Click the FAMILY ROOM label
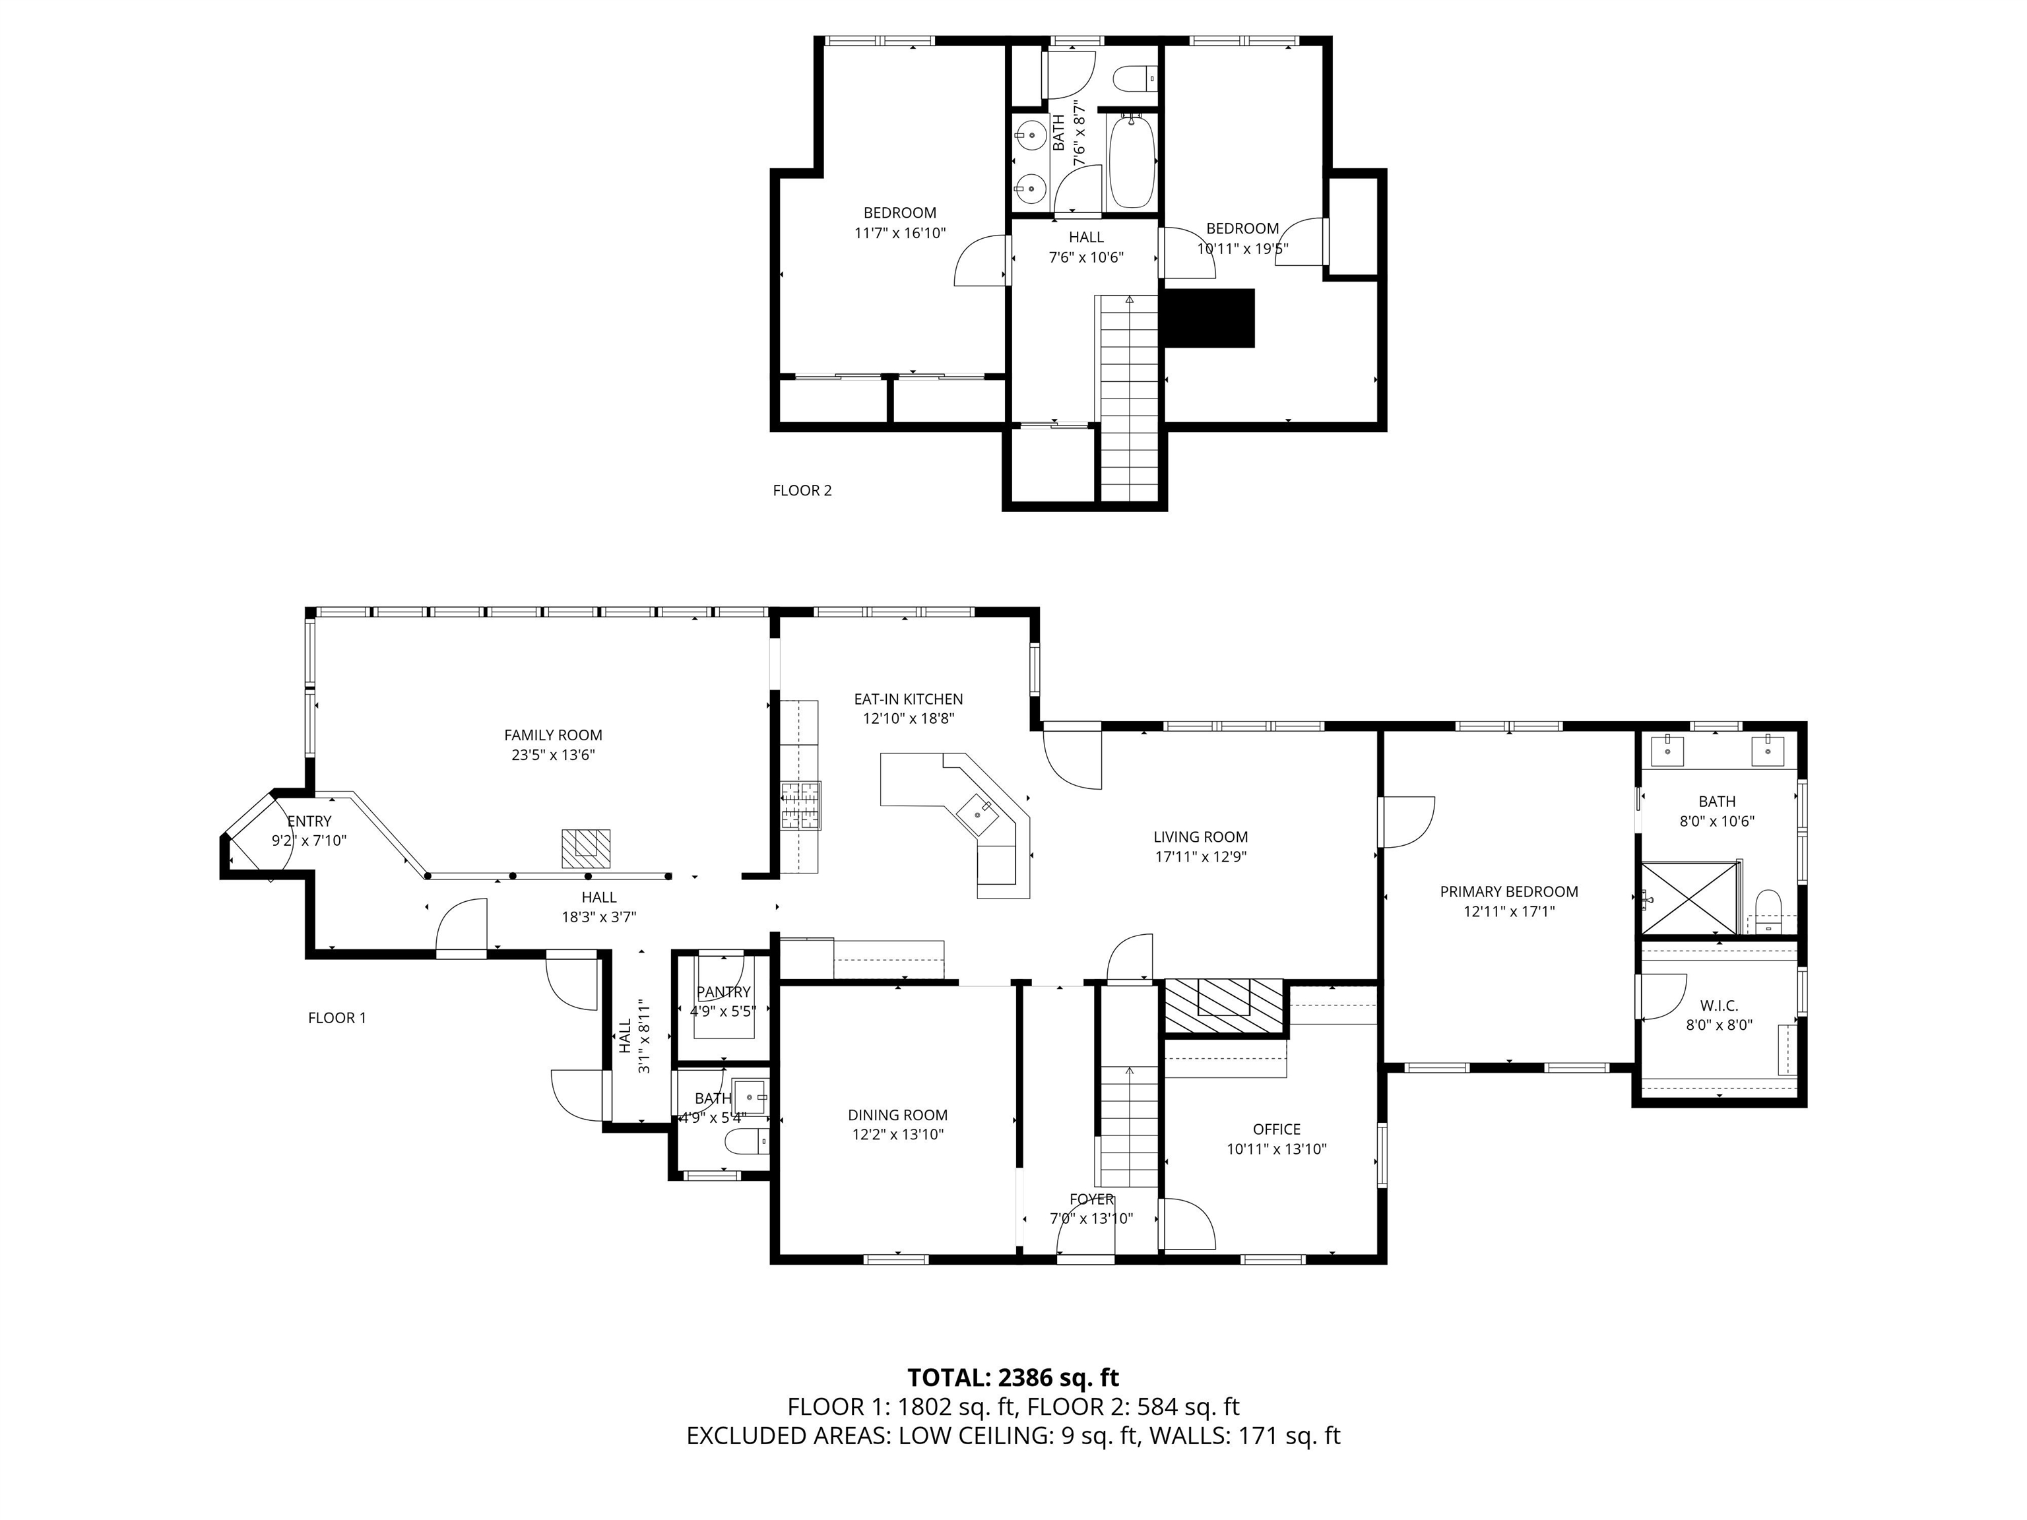click(552, 735)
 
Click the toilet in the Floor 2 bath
click(1136, 79)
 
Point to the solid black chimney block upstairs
click(1207, 318)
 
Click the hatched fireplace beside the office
click(1223, 1007)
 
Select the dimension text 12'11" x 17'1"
click(1508, 912)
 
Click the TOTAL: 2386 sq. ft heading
click(1013, 1377)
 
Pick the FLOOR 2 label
click(802, 490)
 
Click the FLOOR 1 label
click(337, 1018)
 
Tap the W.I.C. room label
click(1719, 1006)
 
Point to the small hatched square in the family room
click(585, 848)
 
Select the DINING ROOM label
click(897, 1115)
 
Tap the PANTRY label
click(723, 992)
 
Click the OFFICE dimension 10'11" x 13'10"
click(1277, 1150)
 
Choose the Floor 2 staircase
click(1129, 394)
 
